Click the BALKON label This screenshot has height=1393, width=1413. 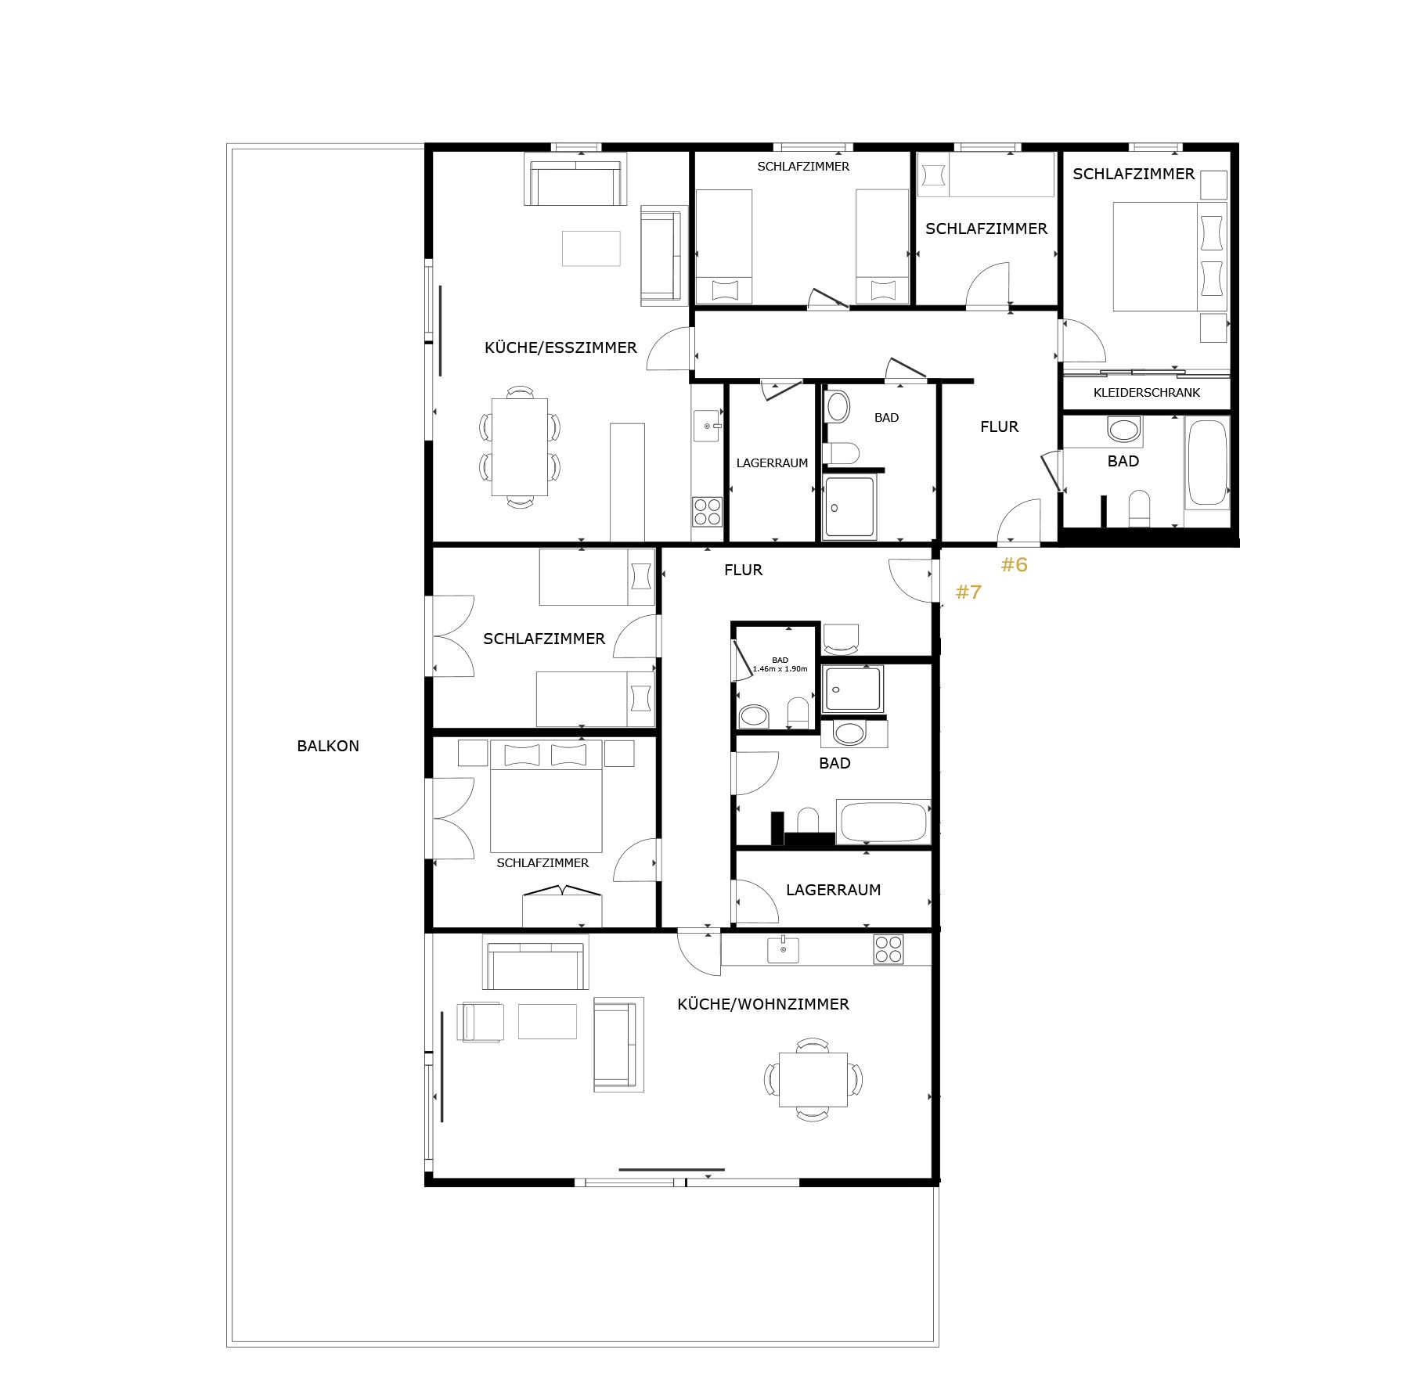click(328, 746)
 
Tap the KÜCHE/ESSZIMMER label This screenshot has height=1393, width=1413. click(561, 347)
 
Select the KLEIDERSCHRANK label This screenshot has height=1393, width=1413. click(1146, 393)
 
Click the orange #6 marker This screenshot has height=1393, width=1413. click(1014, 564)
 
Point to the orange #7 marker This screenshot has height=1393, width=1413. click(968, 592)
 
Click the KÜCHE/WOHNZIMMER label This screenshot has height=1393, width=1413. click(763, 1004)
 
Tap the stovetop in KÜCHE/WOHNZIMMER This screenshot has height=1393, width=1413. click(889, 949)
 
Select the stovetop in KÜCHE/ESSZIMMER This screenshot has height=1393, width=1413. click(707, 512)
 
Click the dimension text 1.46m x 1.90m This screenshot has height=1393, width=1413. click(780, 669)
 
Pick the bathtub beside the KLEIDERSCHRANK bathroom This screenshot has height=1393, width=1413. click(1206, 463)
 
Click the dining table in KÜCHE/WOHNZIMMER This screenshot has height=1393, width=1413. click(813, 1080)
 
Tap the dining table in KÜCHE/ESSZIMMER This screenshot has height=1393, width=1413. click(519, 447)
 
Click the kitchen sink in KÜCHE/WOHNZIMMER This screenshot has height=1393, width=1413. click(783, 949)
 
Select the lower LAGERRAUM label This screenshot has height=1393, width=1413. click(833, 890)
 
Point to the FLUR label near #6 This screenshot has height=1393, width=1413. click(999, 427)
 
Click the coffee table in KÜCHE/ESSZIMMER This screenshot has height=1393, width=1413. click(591, 248)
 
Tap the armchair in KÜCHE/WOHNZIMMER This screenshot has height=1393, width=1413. click(481, 1022)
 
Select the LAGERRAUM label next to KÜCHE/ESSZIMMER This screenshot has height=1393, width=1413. click(772, 463)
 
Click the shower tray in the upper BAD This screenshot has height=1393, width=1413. click(849, 507)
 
